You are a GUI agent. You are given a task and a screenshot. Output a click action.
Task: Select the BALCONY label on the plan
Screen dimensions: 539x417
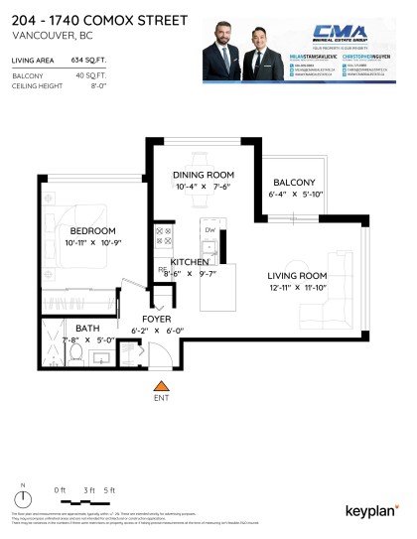(293, 183)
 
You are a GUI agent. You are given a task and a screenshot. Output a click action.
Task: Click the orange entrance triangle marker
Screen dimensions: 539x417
(160, 384)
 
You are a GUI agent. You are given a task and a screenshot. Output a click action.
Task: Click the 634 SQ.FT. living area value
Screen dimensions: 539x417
(89, 61)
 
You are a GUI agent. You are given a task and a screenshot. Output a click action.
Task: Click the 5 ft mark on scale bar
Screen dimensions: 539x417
(109, 489)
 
